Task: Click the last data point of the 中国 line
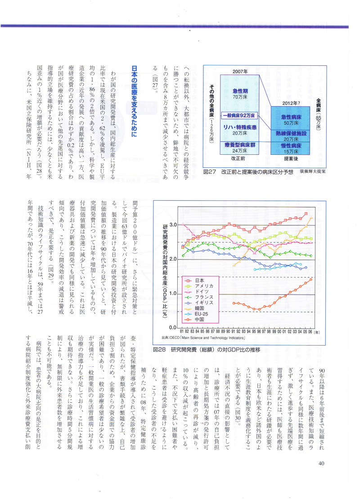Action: tap(311, 279)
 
